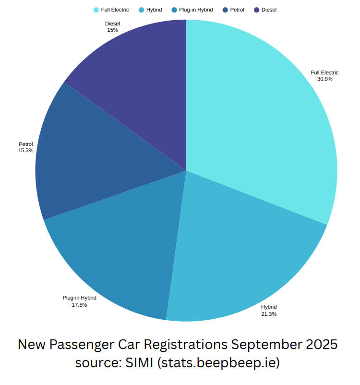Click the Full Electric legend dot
(x=96, y=10)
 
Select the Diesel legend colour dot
(x=257, y=10)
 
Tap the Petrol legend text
(x=237, y=10)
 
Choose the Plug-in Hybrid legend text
(x=196, y=10)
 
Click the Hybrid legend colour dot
(x=142, y=10)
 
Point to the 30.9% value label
(x=324, y=79)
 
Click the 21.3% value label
(x=269, y=314)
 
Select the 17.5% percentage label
(x=79, y=305)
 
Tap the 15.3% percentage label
(x=26, y=150)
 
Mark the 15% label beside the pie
(x=112, y=30)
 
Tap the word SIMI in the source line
(x=139, y=362)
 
